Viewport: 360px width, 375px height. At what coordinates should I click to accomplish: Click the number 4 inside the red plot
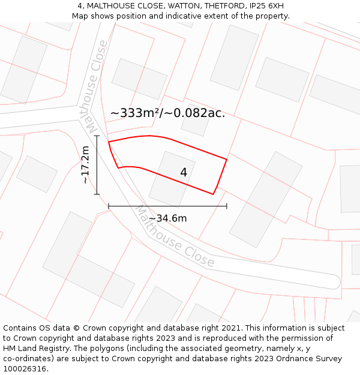tap(184, 173)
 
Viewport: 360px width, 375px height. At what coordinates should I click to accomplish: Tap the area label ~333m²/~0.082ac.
tap(167, 113)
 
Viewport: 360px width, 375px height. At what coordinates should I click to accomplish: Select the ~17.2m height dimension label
tap(85, 164)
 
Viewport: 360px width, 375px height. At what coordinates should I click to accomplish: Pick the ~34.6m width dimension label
tap(167, 218)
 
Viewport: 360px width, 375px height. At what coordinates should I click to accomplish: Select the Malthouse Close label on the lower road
tap(174, 236)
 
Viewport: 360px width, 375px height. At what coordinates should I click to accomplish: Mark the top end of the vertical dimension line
tap(97, 136)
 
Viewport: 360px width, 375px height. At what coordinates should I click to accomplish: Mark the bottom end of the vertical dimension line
tap(97, 194)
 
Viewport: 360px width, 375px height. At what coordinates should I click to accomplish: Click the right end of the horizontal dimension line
tap(227, 206)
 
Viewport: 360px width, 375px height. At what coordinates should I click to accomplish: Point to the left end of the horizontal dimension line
tap(109, 206)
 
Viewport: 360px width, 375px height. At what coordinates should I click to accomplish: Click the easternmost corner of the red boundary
tap(227, 159)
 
